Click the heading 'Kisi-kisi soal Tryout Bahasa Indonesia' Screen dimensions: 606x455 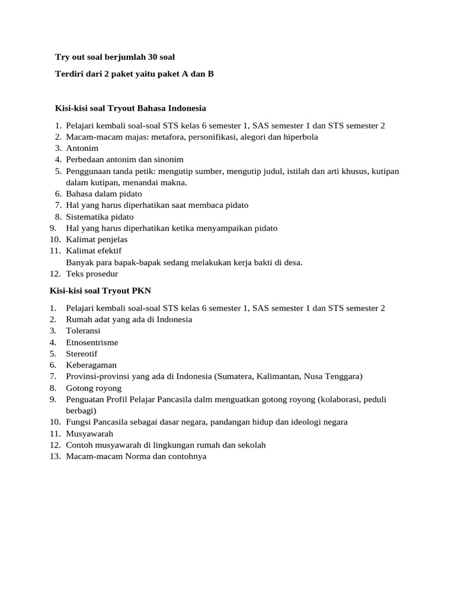point(130,108)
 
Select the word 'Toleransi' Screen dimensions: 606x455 point(83,331)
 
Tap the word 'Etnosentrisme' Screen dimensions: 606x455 point(92,342)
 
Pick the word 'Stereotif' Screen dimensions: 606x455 point(82,353)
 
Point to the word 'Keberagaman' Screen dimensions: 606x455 point(91,365)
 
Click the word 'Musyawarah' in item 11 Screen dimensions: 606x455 point(89,433)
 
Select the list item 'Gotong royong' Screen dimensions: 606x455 point(94,388)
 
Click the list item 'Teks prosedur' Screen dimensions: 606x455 point(92,274)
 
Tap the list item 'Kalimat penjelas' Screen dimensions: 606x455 point(97,240)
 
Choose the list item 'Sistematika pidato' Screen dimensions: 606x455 point(100,217)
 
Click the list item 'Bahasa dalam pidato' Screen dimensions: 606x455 point(104,194)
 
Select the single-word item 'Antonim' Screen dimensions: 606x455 point(82,148)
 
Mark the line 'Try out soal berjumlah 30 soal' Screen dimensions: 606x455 point(115,57)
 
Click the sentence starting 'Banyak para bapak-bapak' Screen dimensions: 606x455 point(184,262)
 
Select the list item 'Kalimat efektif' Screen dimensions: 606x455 point(94,251)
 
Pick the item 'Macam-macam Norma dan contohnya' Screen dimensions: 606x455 point(136,456)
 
